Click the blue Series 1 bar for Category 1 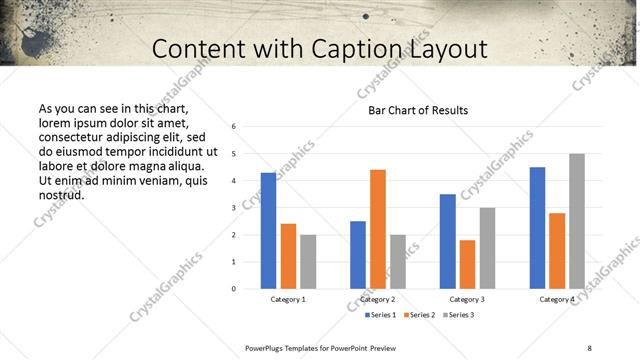[268, 231]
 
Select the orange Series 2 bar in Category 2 [378, 229]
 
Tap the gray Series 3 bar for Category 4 [577, 221]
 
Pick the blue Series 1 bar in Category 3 [448, 241]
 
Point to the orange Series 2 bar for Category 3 [467, 264]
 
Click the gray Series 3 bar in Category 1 [308, 262]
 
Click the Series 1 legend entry [378, 315]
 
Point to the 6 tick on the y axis [233, 127]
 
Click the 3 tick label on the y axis [233, 208]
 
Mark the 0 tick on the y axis [233, 289]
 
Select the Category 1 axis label [288, 299]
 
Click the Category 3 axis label [467, 299]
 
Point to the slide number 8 [589, 347]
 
